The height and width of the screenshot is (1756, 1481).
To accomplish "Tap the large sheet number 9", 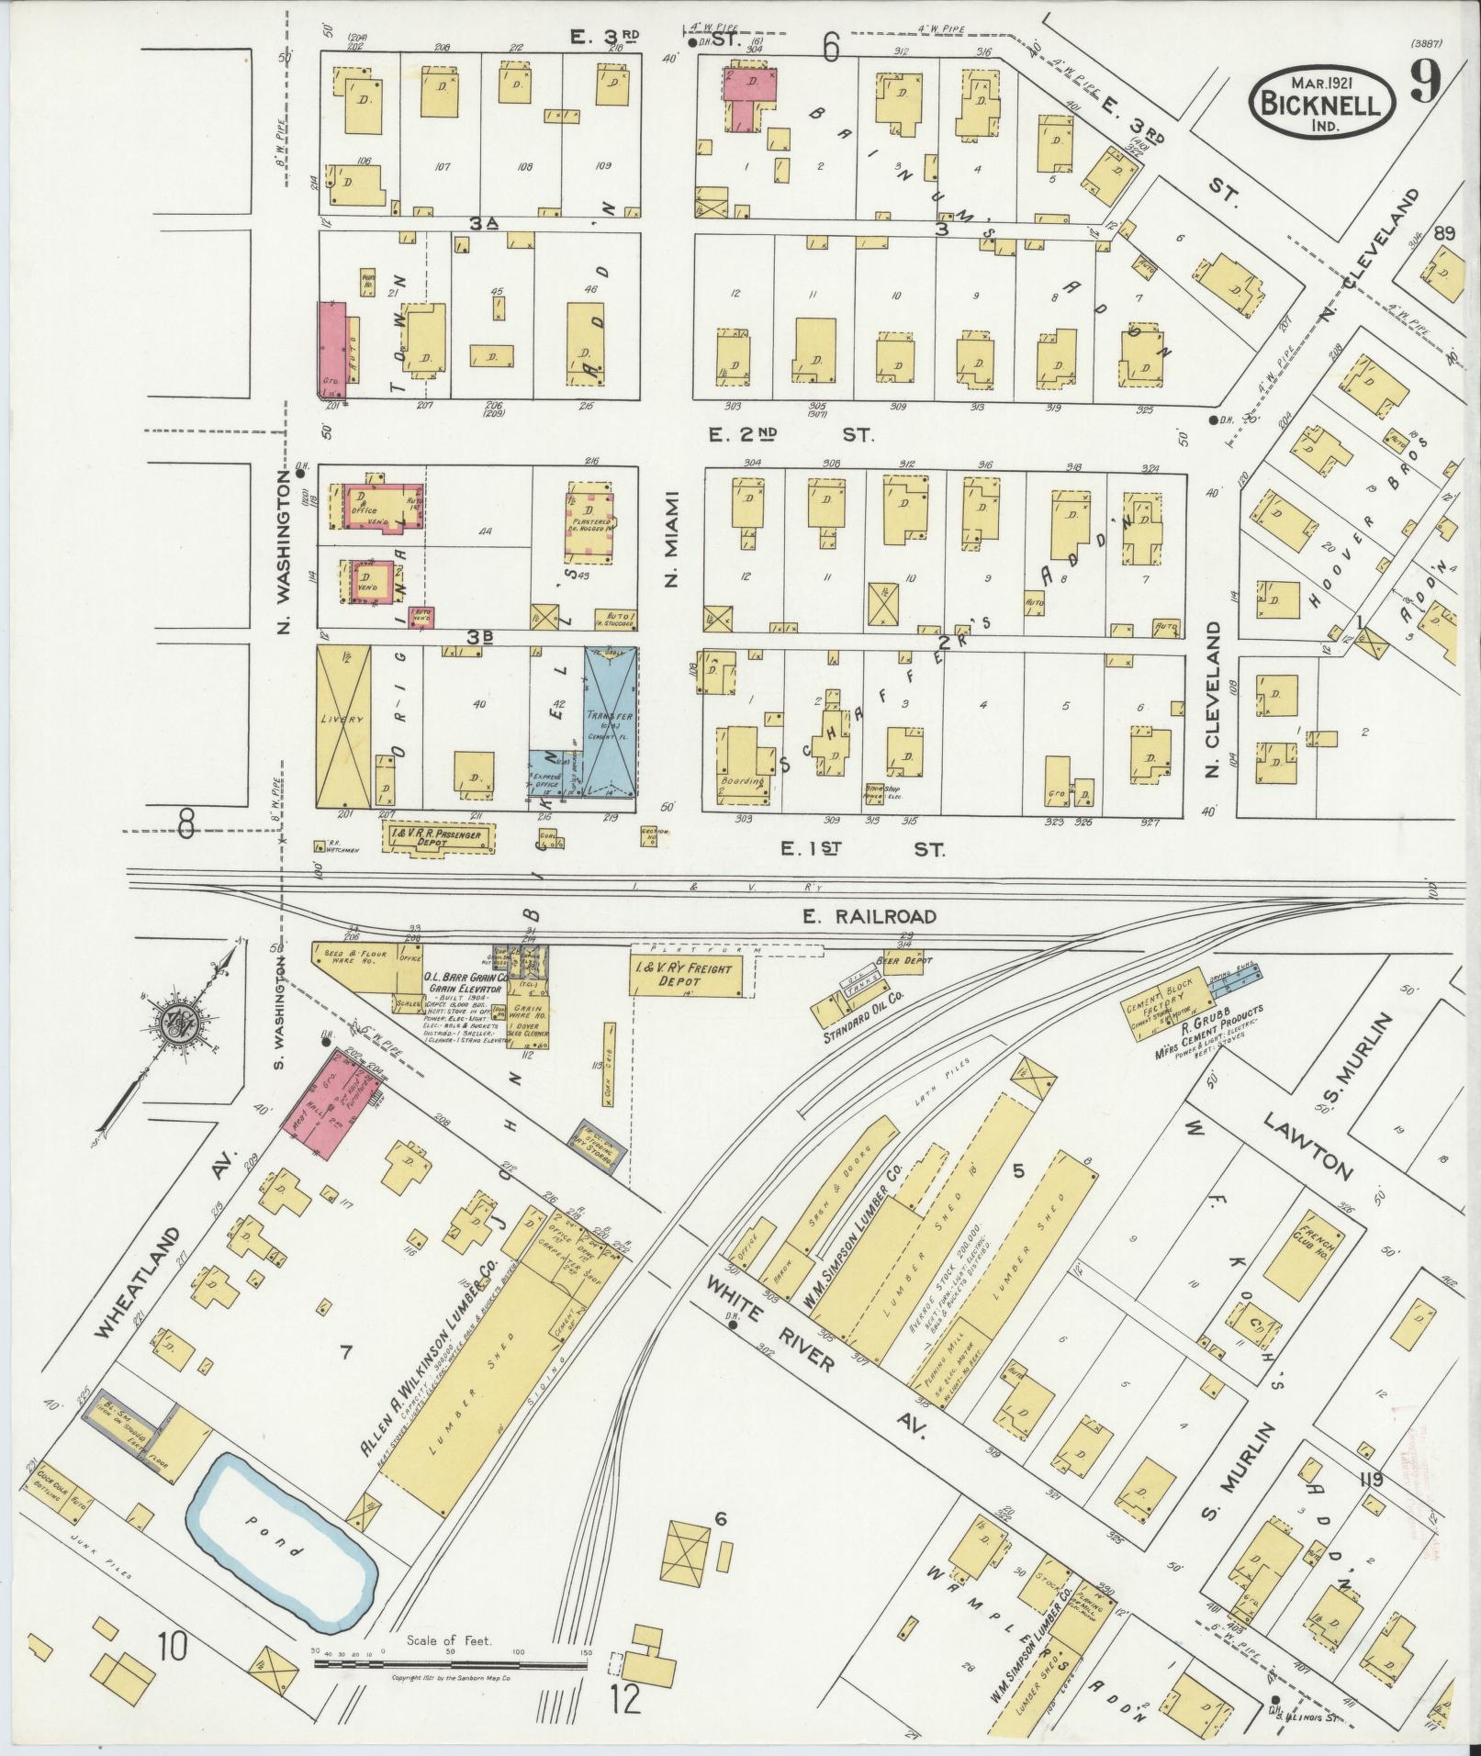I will click(x=1427, y=88).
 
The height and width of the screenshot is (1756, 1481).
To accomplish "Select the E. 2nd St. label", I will click(x=791, y=433).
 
